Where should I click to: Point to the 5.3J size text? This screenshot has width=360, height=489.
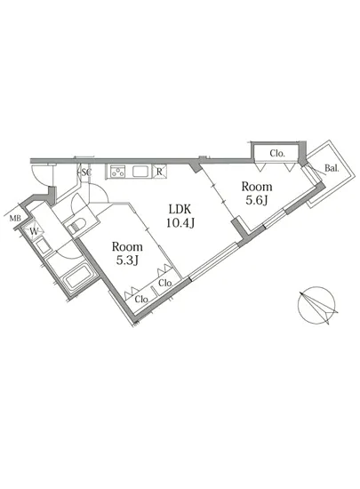[127, 262]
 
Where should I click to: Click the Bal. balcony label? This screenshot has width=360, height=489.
[330, 167]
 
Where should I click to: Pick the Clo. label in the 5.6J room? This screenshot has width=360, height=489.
[277, 154]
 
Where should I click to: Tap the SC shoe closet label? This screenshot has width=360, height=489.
[86, 172]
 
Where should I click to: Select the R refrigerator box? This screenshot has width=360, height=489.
[158, 172]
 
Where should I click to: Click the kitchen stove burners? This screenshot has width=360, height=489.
[119, 172]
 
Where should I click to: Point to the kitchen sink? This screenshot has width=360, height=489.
[140, 172]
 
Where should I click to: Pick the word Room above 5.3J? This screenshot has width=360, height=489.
[127, 246]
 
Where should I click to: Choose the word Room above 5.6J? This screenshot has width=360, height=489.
[255, 188]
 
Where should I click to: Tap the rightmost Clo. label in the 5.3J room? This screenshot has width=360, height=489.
[165, 283]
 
